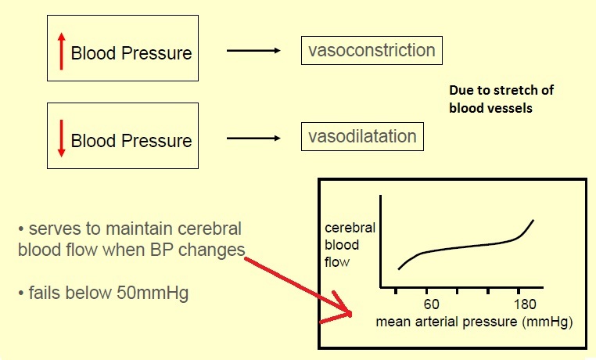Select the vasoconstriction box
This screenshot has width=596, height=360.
(x=371, y=51)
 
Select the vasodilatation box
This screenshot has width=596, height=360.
(x=362, y=136)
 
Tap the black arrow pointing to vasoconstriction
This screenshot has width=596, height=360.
(x=253, y=52)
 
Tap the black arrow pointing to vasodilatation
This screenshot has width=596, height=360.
(x=253, y=139)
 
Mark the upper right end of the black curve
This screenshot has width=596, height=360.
(x=535, y=220)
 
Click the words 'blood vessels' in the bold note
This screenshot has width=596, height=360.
(x=490, y=108)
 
